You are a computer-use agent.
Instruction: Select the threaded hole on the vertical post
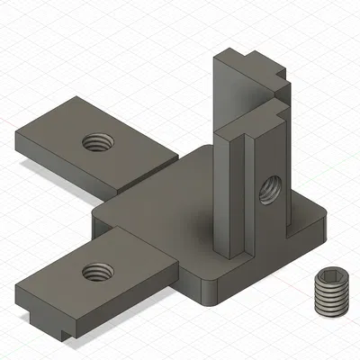pos(269,189)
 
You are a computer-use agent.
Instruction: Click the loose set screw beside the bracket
pos(330,292)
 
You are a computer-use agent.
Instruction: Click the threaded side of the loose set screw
pos(330,301)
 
